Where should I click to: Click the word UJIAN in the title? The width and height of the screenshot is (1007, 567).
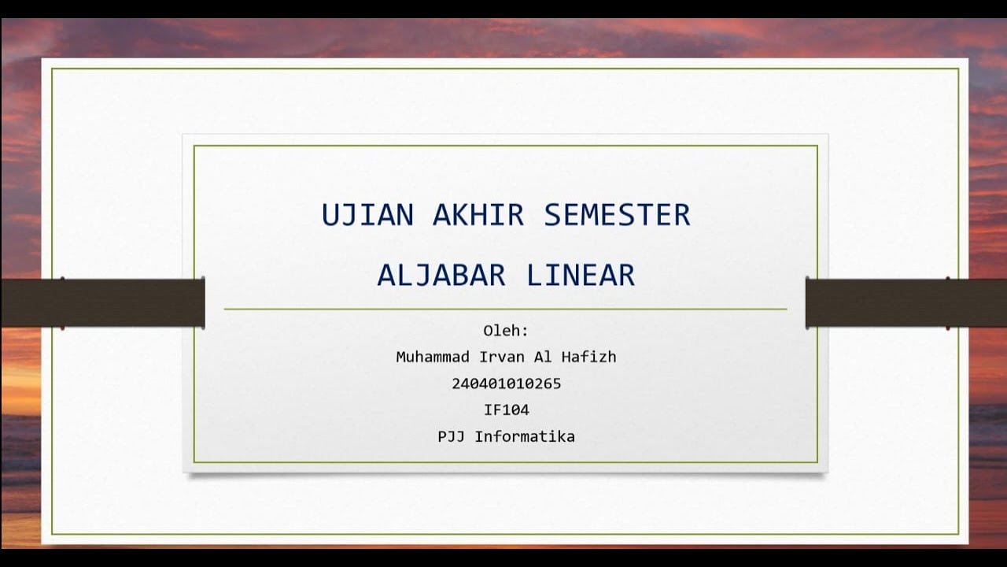(x=367, y=215)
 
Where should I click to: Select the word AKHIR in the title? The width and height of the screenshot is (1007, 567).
(x=478, y=215)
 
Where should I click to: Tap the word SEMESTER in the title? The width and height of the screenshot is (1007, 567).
(x=617, y=215)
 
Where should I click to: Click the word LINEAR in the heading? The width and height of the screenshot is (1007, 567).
(x=581, y=276)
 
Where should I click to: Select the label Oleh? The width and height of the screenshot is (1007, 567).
(x=506, y=331)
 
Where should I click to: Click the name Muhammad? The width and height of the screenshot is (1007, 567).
(x=433, y=357)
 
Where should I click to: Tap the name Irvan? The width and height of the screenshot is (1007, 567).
(x=501, y=357)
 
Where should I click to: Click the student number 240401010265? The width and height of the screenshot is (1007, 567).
(x=506, y=384)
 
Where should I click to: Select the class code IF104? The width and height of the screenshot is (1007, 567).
(x=506, y=409)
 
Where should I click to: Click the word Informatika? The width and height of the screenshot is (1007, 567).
(x=525, y=436)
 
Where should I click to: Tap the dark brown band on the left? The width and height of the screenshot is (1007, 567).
(x=102, y=302)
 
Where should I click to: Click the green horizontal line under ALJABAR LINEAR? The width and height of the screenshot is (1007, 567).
(x=505, y=309)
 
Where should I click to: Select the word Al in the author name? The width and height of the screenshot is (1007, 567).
(x=543, y=357)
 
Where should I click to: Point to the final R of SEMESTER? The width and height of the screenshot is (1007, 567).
(x=681, y=215)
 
